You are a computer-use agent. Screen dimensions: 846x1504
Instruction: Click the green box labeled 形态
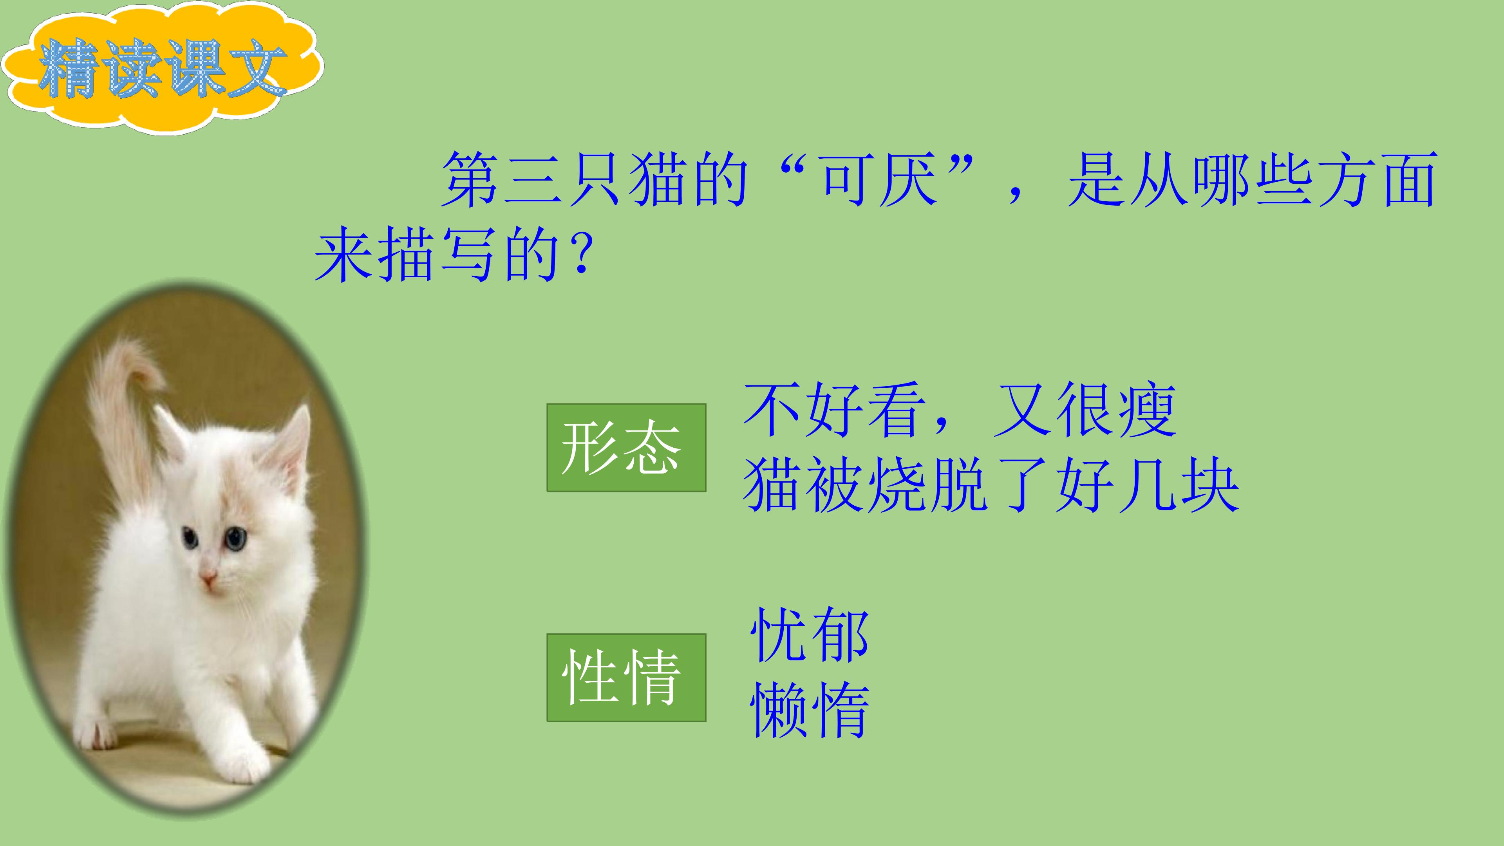click(x=626, y=447)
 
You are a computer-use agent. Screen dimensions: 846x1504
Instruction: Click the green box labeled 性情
click(x=626, y=677)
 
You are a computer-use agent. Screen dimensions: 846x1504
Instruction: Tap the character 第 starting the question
click(x=470, y=180)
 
